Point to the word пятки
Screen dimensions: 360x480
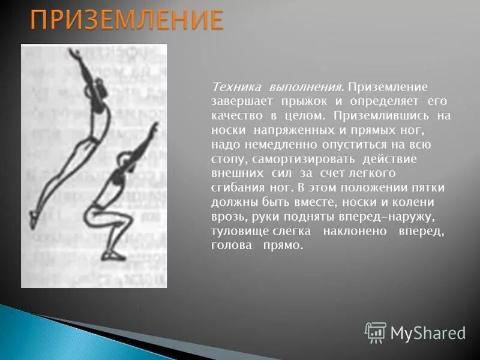[430, 188]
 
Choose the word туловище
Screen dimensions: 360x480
[236, 231]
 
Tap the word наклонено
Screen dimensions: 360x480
[353, 231]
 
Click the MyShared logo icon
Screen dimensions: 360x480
[375, 332]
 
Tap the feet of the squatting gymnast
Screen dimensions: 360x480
[113, 256]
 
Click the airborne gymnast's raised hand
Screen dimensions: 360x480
[75, 54]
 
